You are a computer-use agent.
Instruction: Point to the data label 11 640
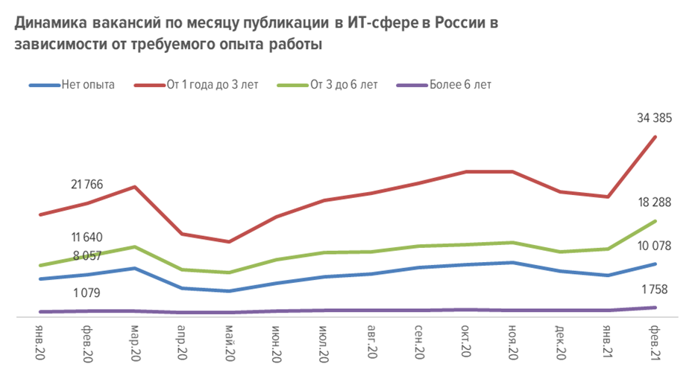pos(87,237)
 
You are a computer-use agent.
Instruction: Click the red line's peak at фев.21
pos(655,136)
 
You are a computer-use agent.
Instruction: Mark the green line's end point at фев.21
pos(655,221)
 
